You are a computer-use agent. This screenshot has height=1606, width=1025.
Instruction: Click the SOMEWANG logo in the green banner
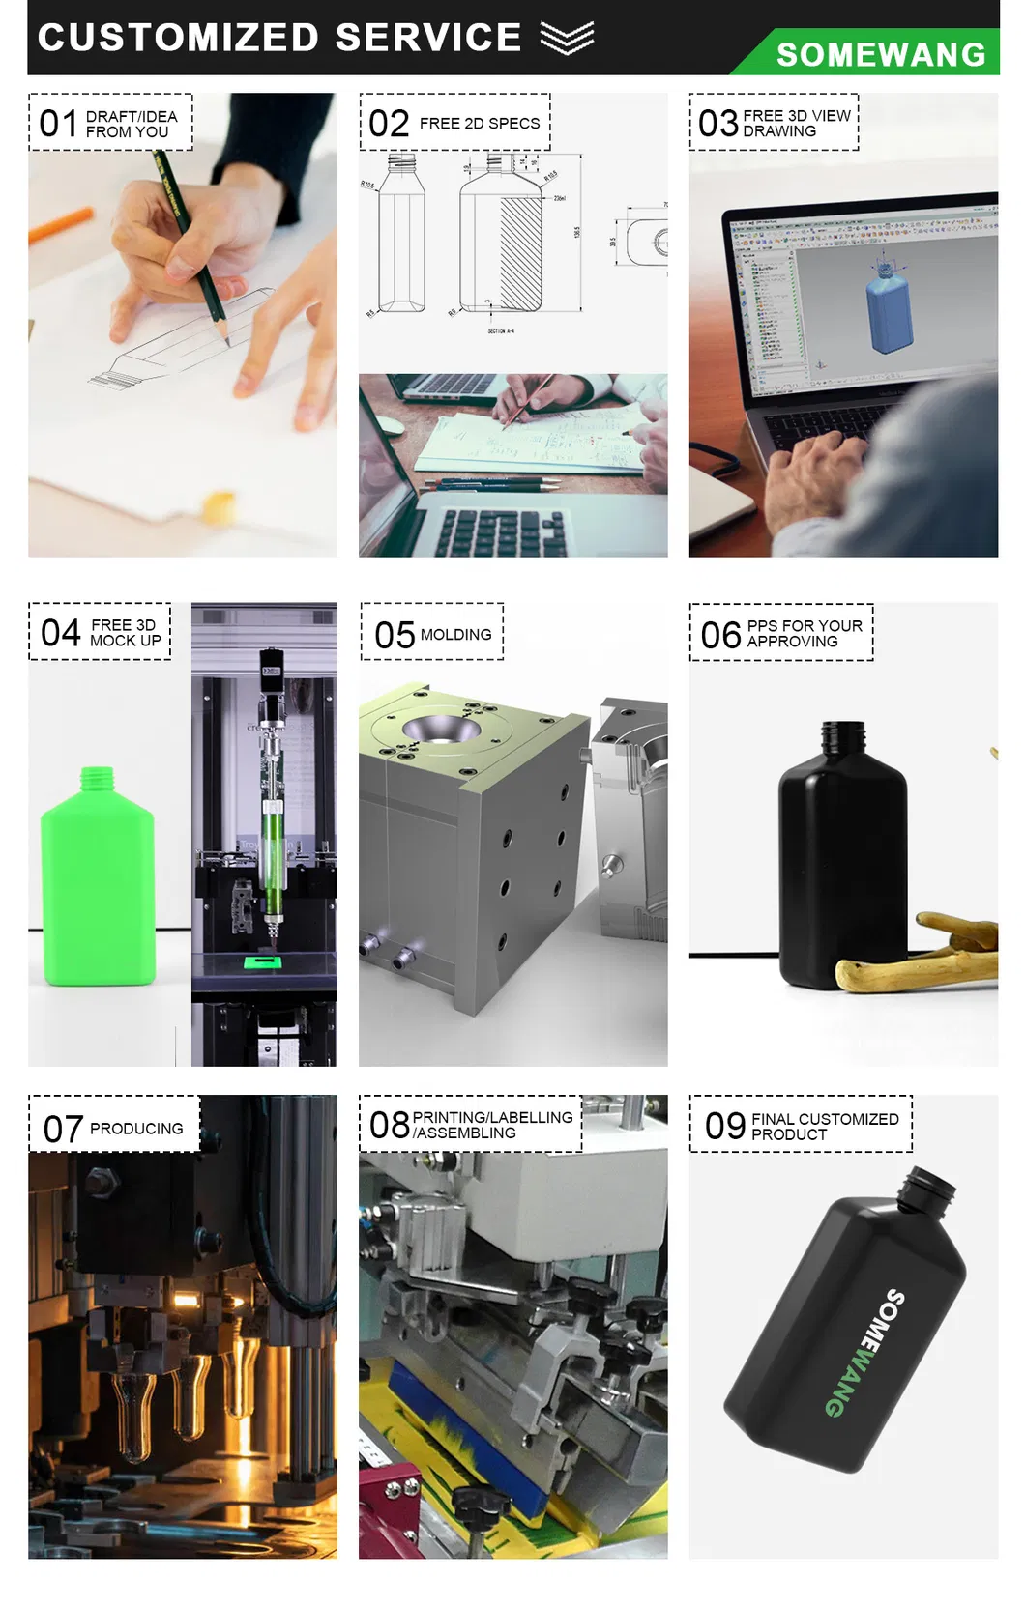tap(880, 55)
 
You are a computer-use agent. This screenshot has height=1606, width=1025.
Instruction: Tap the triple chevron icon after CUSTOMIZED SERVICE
tap(567, 38)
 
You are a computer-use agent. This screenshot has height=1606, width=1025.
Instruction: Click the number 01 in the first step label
tap(58, 124)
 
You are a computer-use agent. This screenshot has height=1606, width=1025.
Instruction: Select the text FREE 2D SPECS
tap(480, 124)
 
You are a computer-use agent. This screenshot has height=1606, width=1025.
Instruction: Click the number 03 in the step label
tap(717, 124)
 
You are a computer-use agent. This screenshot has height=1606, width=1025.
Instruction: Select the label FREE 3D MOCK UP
tap(125, 633)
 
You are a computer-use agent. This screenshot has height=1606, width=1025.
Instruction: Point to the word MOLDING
tap(455, 635)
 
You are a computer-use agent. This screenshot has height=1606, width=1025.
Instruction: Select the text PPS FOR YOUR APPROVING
tap(804, 634)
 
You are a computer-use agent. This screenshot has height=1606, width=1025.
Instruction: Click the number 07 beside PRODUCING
tap(63, 1129)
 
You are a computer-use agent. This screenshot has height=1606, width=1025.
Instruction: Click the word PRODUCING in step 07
tap(136, 1129)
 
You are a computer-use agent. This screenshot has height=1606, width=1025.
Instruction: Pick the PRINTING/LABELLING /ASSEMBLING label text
tap(492, 1125)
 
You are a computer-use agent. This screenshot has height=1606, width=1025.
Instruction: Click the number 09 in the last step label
tap(725, 1126)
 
